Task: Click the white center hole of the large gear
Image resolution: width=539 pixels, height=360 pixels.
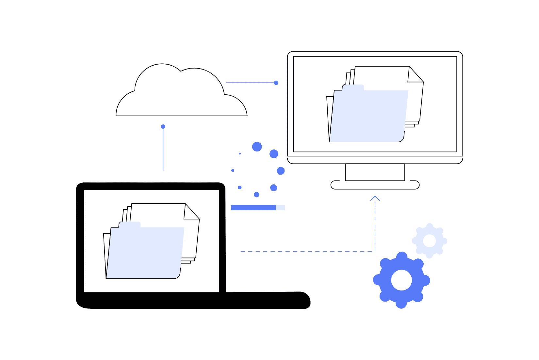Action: click(401, 280)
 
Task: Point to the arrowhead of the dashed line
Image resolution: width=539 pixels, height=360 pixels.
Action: click(375, 198)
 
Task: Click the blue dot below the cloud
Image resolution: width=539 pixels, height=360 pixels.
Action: click(163, 127)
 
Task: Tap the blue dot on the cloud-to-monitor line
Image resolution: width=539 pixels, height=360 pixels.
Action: click(276, 83)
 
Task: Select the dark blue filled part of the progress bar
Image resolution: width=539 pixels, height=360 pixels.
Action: click(253, 208)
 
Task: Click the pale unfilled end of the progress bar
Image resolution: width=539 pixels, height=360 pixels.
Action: click(280, 208)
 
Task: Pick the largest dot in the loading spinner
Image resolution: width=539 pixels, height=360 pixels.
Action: click(257, 147)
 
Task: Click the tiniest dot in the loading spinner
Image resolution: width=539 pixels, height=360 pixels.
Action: click(240, 153)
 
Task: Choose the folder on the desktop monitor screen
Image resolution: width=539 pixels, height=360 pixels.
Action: click(367, 116)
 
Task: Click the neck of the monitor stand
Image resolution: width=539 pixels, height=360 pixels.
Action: click(375, 172)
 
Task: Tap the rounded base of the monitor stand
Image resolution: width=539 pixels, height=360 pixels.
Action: click(375, 185)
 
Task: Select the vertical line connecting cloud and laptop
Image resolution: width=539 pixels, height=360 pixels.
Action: click(163, 150)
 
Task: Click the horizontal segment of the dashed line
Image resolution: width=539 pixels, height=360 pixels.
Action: click(307, 251)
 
